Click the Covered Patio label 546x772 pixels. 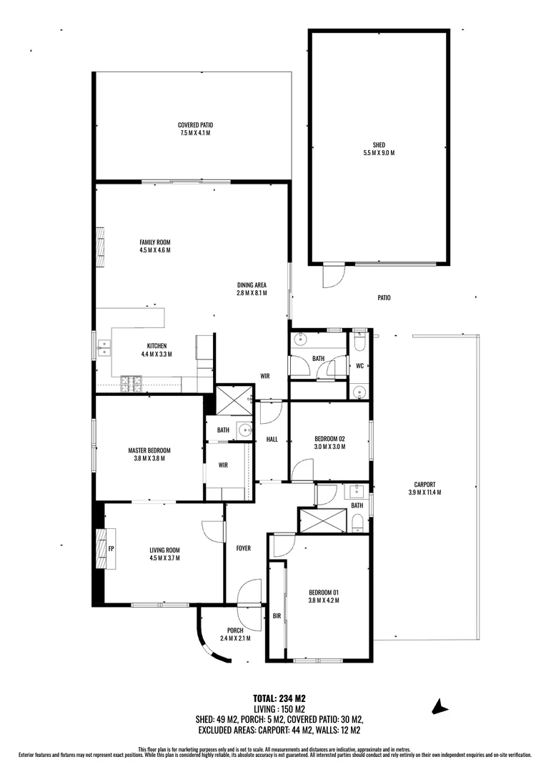click(195, 129)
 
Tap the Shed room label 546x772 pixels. click(379, 149)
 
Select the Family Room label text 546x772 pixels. click(155, 246)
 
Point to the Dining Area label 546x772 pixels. click(252, 289)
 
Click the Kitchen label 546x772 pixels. click(157, 350)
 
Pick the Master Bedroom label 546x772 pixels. click(149, 454)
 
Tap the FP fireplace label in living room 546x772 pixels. click(111, 548)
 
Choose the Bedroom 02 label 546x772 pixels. click(330, 442)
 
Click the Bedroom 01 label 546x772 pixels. click(324, 596)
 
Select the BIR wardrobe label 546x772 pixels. click(277, 616)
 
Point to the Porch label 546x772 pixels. click(235, 634)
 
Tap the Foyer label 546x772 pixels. click(243, 548)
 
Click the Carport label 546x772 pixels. click(425, 488)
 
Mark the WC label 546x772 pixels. click(359, 366)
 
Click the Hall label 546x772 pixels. click(272, 440)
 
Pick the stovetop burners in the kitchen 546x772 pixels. click(131, 385)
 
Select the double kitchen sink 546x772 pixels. click(104, 348)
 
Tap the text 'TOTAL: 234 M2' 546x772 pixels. click(279, 698)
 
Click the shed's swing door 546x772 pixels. click(333, 276)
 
